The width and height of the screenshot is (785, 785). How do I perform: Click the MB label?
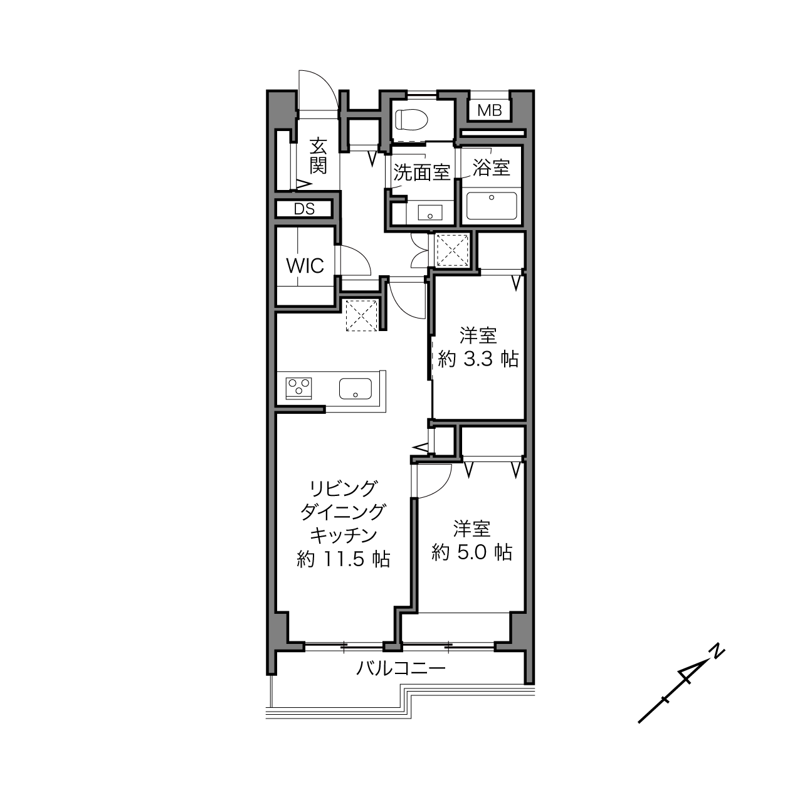[489, 110]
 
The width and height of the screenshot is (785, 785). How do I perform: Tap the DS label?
[304, 209]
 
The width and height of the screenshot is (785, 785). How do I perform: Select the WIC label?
[305, 266]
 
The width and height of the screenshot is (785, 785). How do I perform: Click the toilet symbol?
[411, 119]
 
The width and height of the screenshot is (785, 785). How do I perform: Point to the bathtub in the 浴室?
[492, 206]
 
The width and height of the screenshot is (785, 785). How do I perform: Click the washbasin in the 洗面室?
[430, 213]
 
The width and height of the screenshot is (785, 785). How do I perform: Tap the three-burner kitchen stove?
[298, 388]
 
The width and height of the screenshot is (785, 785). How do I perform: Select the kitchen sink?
[356, 389]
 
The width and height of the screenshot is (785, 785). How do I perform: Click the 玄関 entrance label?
[318, 156]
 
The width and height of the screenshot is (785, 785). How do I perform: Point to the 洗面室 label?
[421, 172]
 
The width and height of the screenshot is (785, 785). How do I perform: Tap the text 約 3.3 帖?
[478, 359]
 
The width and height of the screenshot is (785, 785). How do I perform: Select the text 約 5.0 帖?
[472, 552]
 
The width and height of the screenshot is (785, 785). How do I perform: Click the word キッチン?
[344, 535]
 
